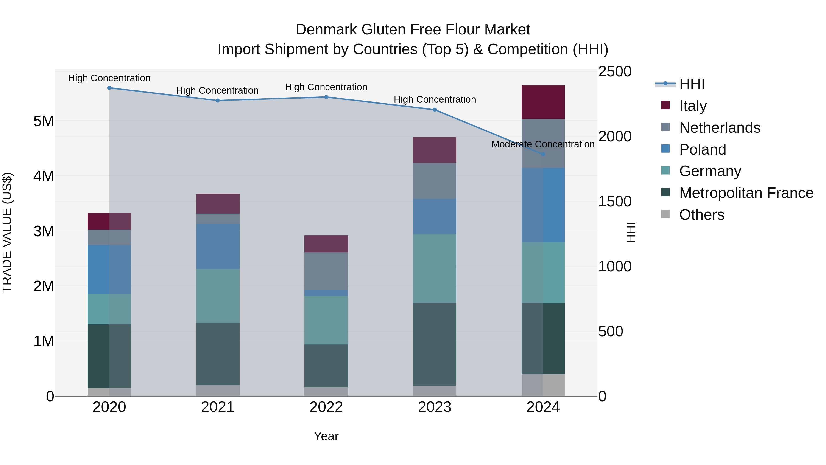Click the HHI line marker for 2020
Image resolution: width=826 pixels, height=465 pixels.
[109, 88]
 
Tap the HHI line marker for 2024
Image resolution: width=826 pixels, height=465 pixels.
[543, 154]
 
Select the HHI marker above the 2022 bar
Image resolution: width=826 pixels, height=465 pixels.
[326, 97]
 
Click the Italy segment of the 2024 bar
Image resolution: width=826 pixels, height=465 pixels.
[543, 102]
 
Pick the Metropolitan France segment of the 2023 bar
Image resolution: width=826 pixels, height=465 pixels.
[435, 344]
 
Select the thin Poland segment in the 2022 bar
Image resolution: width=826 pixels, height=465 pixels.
[326, 293]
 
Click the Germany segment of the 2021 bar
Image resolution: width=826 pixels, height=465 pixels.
[218, 296]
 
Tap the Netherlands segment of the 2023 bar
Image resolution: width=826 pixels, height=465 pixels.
[435, 181]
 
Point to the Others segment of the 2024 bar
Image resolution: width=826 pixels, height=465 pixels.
[543, 385]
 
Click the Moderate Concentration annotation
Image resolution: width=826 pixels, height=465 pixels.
[543, 144]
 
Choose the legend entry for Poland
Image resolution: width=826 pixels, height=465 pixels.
[702, 149]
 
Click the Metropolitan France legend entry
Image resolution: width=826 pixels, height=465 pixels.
[746, 193]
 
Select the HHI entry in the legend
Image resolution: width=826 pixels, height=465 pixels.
[692, 84]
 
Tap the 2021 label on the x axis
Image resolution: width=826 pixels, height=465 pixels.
[218, 407]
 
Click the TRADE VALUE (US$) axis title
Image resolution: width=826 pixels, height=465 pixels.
[7, 232]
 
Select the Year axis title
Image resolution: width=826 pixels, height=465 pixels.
[326, 436]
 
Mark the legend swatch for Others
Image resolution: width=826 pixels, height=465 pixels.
[665, 214]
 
